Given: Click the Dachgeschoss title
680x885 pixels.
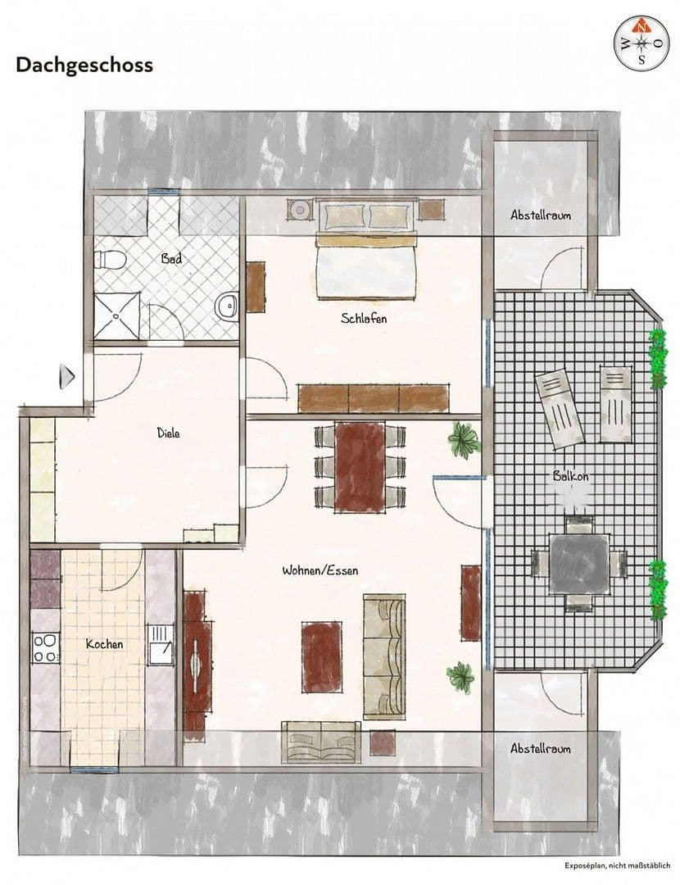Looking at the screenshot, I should (84, 66).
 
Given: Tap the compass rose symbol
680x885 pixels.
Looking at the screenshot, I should (641, 43).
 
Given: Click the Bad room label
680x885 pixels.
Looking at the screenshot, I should (171, 259).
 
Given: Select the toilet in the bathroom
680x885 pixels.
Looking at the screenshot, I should (109, 261).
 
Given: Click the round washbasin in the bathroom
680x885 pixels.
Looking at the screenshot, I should (227, 307).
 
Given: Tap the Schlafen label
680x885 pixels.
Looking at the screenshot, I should (364, 318).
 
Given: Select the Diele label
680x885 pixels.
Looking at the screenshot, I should (169, 433).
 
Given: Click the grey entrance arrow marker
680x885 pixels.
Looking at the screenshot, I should (69, 377).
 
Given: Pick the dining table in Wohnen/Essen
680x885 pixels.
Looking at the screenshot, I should (360, 466).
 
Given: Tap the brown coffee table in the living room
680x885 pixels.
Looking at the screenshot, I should (321, 656).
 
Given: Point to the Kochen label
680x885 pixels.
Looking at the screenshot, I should (105, 644).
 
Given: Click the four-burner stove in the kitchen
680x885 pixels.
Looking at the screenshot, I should (45, 647).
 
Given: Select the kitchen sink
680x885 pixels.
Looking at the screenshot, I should (160, 644).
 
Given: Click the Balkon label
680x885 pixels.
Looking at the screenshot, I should (571, 476).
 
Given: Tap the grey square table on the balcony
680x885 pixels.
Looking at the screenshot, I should (578, 564).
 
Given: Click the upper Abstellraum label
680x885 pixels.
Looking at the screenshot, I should (541, 215).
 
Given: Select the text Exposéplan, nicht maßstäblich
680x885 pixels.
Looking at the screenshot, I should (617, 865).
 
